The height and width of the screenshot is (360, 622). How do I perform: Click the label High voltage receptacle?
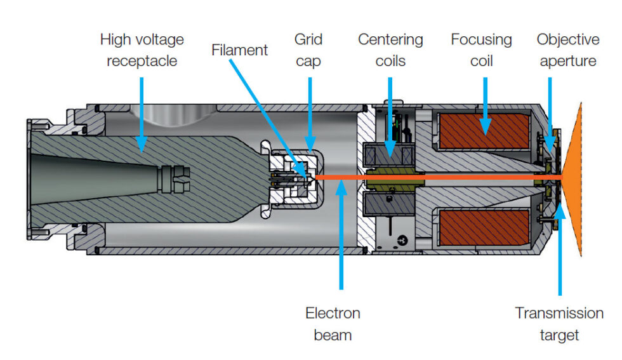pos(142,50)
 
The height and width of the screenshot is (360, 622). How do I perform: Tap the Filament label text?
pos(239,50)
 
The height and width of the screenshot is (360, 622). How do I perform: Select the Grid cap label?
pos(308,50)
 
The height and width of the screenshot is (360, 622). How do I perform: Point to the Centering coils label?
pos(390,50)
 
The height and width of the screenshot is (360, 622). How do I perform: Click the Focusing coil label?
pos(481,50)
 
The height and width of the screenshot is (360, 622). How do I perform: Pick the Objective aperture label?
pos(567,50)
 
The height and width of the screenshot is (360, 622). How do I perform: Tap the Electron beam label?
pos(333,323)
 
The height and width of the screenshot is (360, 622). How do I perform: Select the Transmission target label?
pos(559,323)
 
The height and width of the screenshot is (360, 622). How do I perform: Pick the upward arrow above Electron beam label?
pos(341,235)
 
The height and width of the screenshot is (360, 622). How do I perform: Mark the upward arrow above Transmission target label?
pos(559,248)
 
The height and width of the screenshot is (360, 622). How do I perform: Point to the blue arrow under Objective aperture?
pos(550,121)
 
